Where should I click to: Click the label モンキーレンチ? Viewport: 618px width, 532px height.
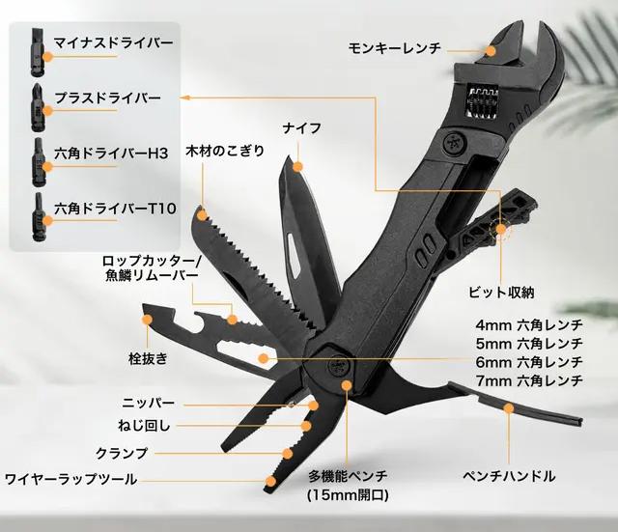(394, 48)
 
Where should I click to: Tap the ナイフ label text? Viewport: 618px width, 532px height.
(302, 128)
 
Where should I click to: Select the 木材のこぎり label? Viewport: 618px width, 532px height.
(225, 151)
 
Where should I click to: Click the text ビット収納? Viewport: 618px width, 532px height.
(501, 293)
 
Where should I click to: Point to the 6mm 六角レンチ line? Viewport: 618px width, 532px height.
(529, 362)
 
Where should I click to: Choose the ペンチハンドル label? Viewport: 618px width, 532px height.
(509, 476)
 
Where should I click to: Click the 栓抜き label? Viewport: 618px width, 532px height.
(148, 358)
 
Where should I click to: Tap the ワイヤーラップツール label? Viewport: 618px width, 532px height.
(70, 479)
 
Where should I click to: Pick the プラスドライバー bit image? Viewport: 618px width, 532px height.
(37, 108)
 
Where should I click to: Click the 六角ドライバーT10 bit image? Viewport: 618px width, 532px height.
(38, 216)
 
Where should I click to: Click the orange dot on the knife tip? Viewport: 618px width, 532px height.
(298, 167)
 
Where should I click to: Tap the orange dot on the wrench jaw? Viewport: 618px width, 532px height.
(491, 51)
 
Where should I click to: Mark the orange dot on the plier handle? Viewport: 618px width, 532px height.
(509, 407)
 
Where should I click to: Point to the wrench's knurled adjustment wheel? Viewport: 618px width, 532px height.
(482, 102)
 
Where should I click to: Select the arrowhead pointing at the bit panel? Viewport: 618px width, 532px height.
(183, 98)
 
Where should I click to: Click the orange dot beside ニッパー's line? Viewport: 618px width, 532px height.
(313, 406)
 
